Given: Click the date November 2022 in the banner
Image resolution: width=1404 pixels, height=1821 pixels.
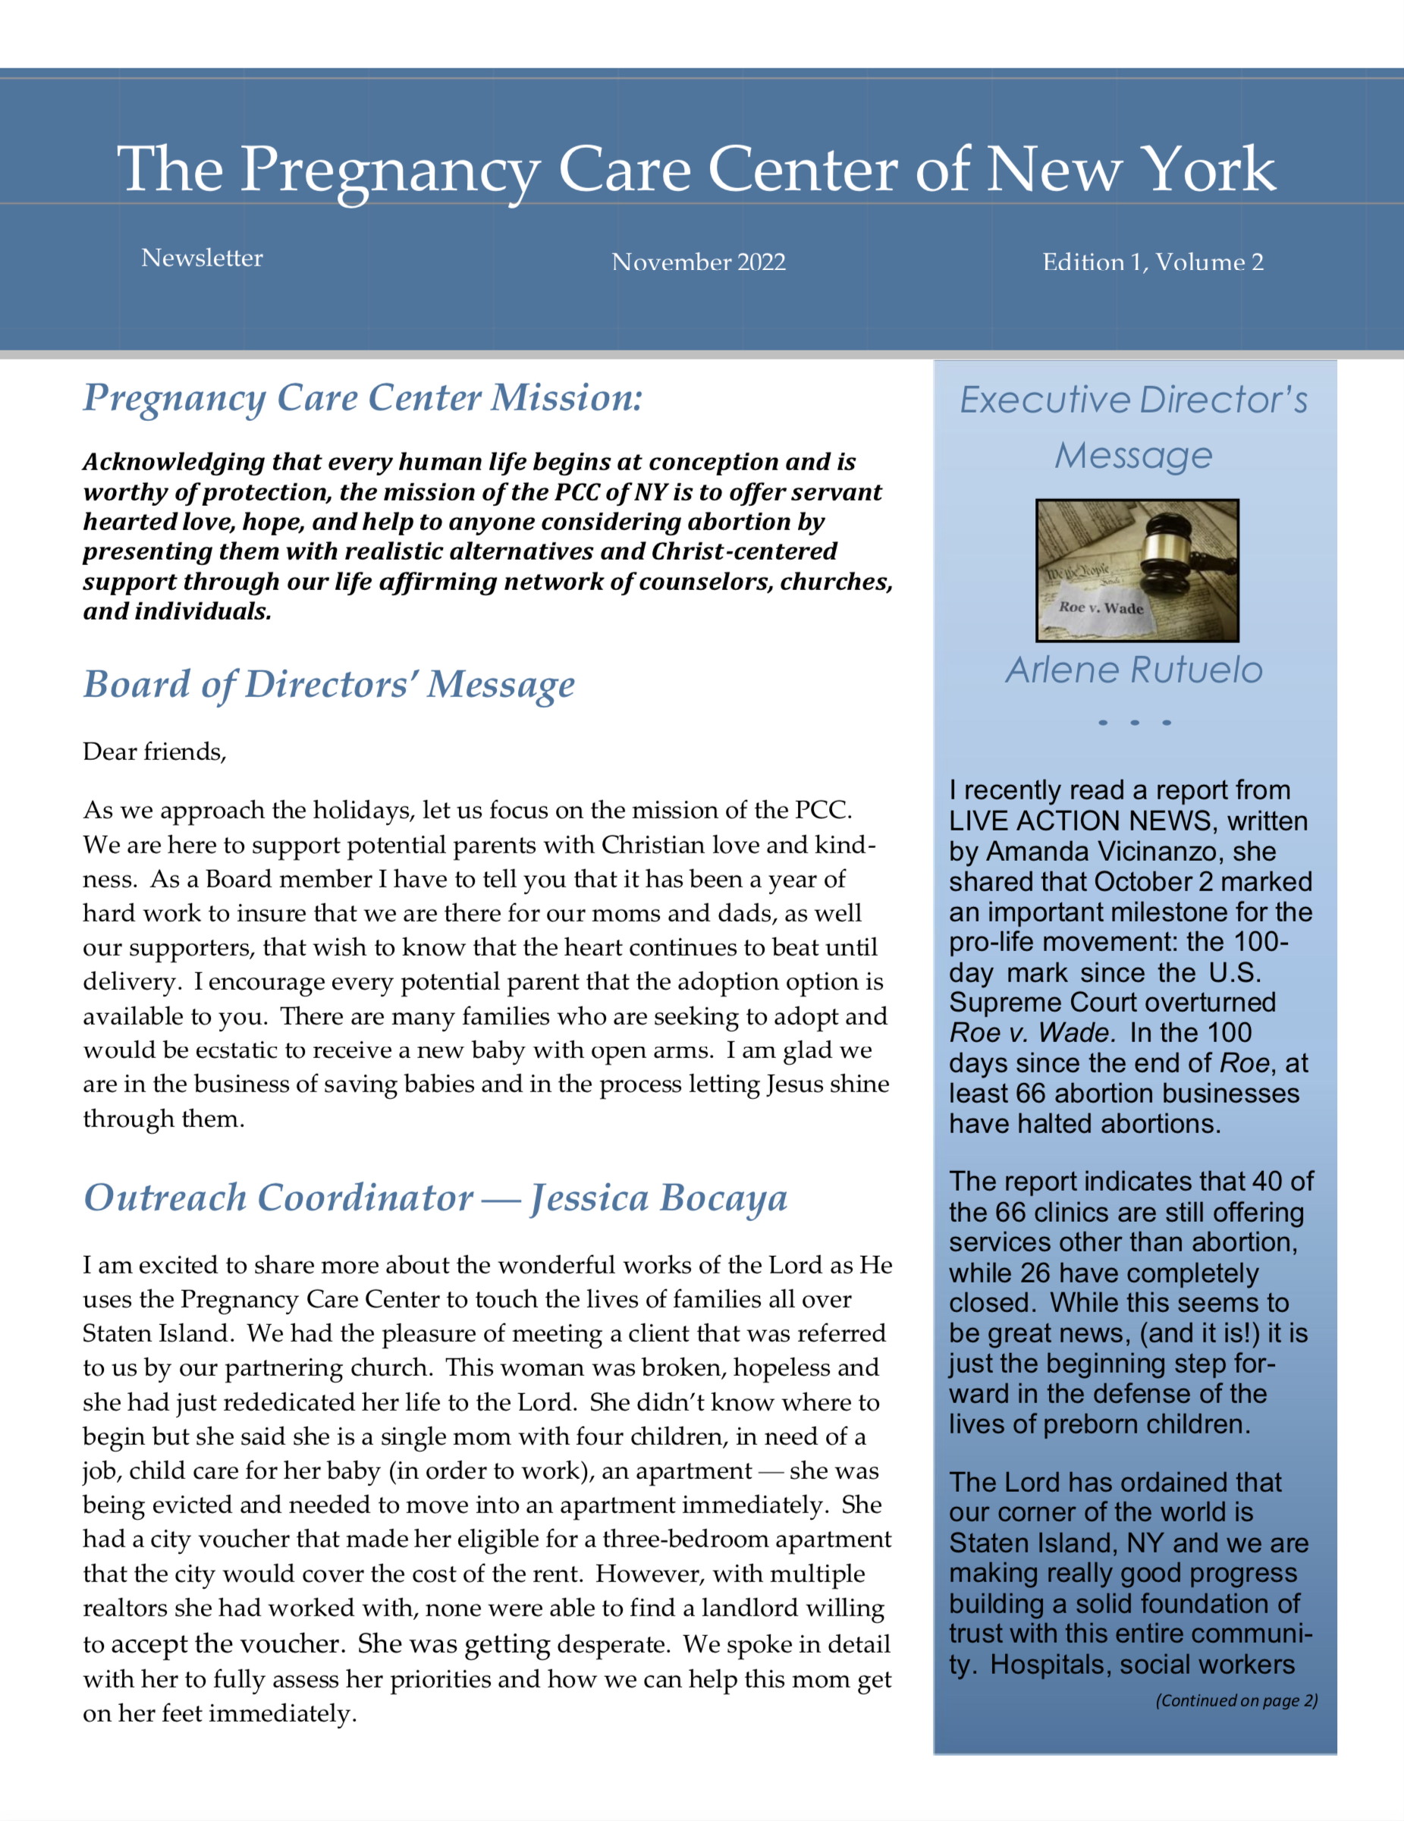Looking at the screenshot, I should pyautogui.click(x=698, y=262).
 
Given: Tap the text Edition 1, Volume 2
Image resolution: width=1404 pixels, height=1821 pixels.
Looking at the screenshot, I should pyautogui.click(x=1152, y=262).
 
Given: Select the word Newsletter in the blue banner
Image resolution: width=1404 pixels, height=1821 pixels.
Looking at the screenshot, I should pyautogui.click(x=202, y=258).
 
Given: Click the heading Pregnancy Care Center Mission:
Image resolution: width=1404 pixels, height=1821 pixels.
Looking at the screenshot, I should pyautogui.click(x=363, y=397).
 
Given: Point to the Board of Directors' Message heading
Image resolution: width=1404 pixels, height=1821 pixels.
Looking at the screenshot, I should pyautogui.click(x=328, y=685).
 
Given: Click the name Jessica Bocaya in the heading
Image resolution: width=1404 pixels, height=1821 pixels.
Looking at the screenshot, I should pyautogui.click(x=658, y=1198).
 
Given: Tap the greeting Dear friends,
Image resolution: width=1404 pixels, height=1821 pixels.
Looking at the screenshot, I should pyautogui.click(x=154, y=752).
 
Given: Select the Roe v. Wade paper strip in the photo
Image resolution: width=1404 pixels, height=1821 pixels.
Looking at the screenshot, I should pyautogui.click(x=1100, y=608).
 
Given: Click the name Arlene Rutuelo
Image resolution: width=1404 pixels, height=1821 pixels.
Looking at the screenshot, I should pyautogui.click(x=1134, y=670).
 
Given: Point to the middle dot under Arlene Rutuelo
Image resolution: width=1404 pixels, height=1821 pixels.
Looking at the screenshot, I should pyautogui.click(x=1135, y=722).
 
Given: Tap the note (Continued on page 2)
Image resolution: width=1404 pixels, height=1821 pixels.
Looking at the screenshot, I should pyautogui.click(x=1236, y=1700).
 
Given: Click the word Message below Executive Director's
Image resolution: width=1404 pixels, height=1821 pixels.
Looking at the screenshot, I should pyautogui.click(x=1133, y=455).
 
